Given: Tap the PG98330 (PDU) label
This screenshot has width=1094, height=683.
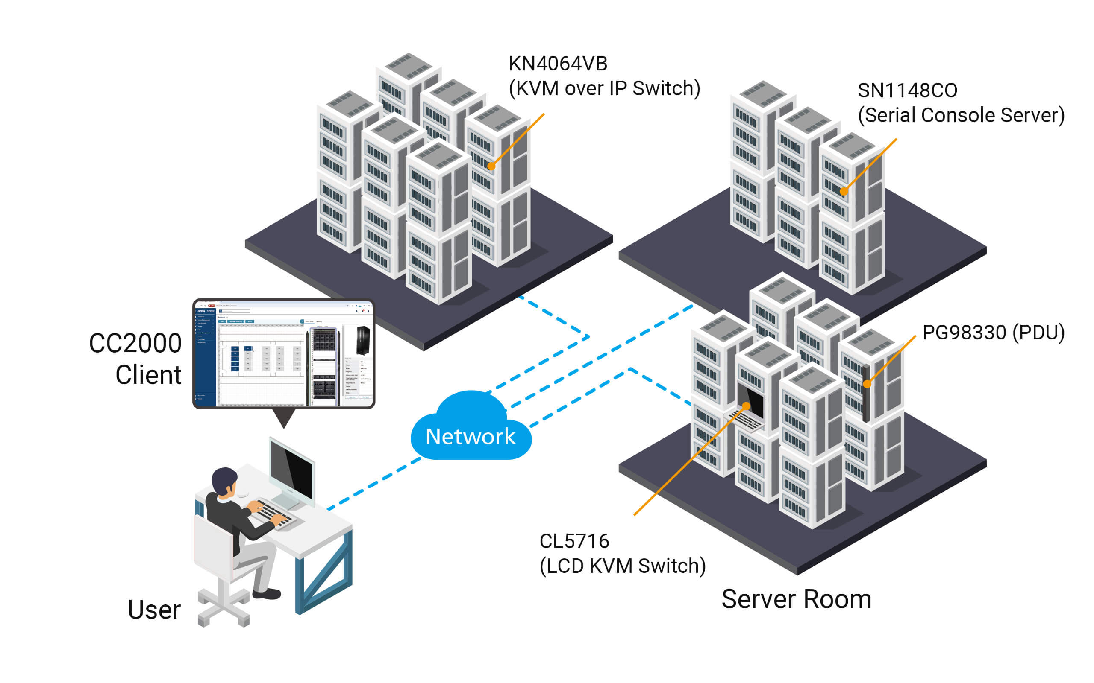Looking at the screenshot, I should pos(993,333).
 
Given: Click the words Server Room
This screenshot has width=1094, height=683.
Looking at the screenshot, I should pos(796,600).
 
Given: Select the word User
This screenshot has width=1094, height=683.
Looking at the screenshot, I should pos(154,610).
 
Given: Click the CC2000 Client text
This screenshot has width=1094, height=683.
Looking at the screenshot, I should pos(135,359).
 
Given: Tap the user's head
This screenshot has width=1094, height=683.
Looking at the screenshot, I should pos(225,482).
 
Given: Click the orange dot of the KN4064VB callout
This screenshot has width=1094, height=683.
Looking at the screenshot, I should pos(491,166).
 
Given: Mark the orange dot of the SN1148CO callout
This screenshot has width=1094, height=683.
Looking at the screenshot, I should pos(844,192).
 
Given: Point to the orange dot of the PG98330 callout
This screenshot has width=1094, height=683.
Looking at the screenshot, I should pos(867,384).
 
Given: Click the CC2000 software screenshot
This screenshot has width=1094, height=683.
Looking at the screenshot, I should pos(283,354).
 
